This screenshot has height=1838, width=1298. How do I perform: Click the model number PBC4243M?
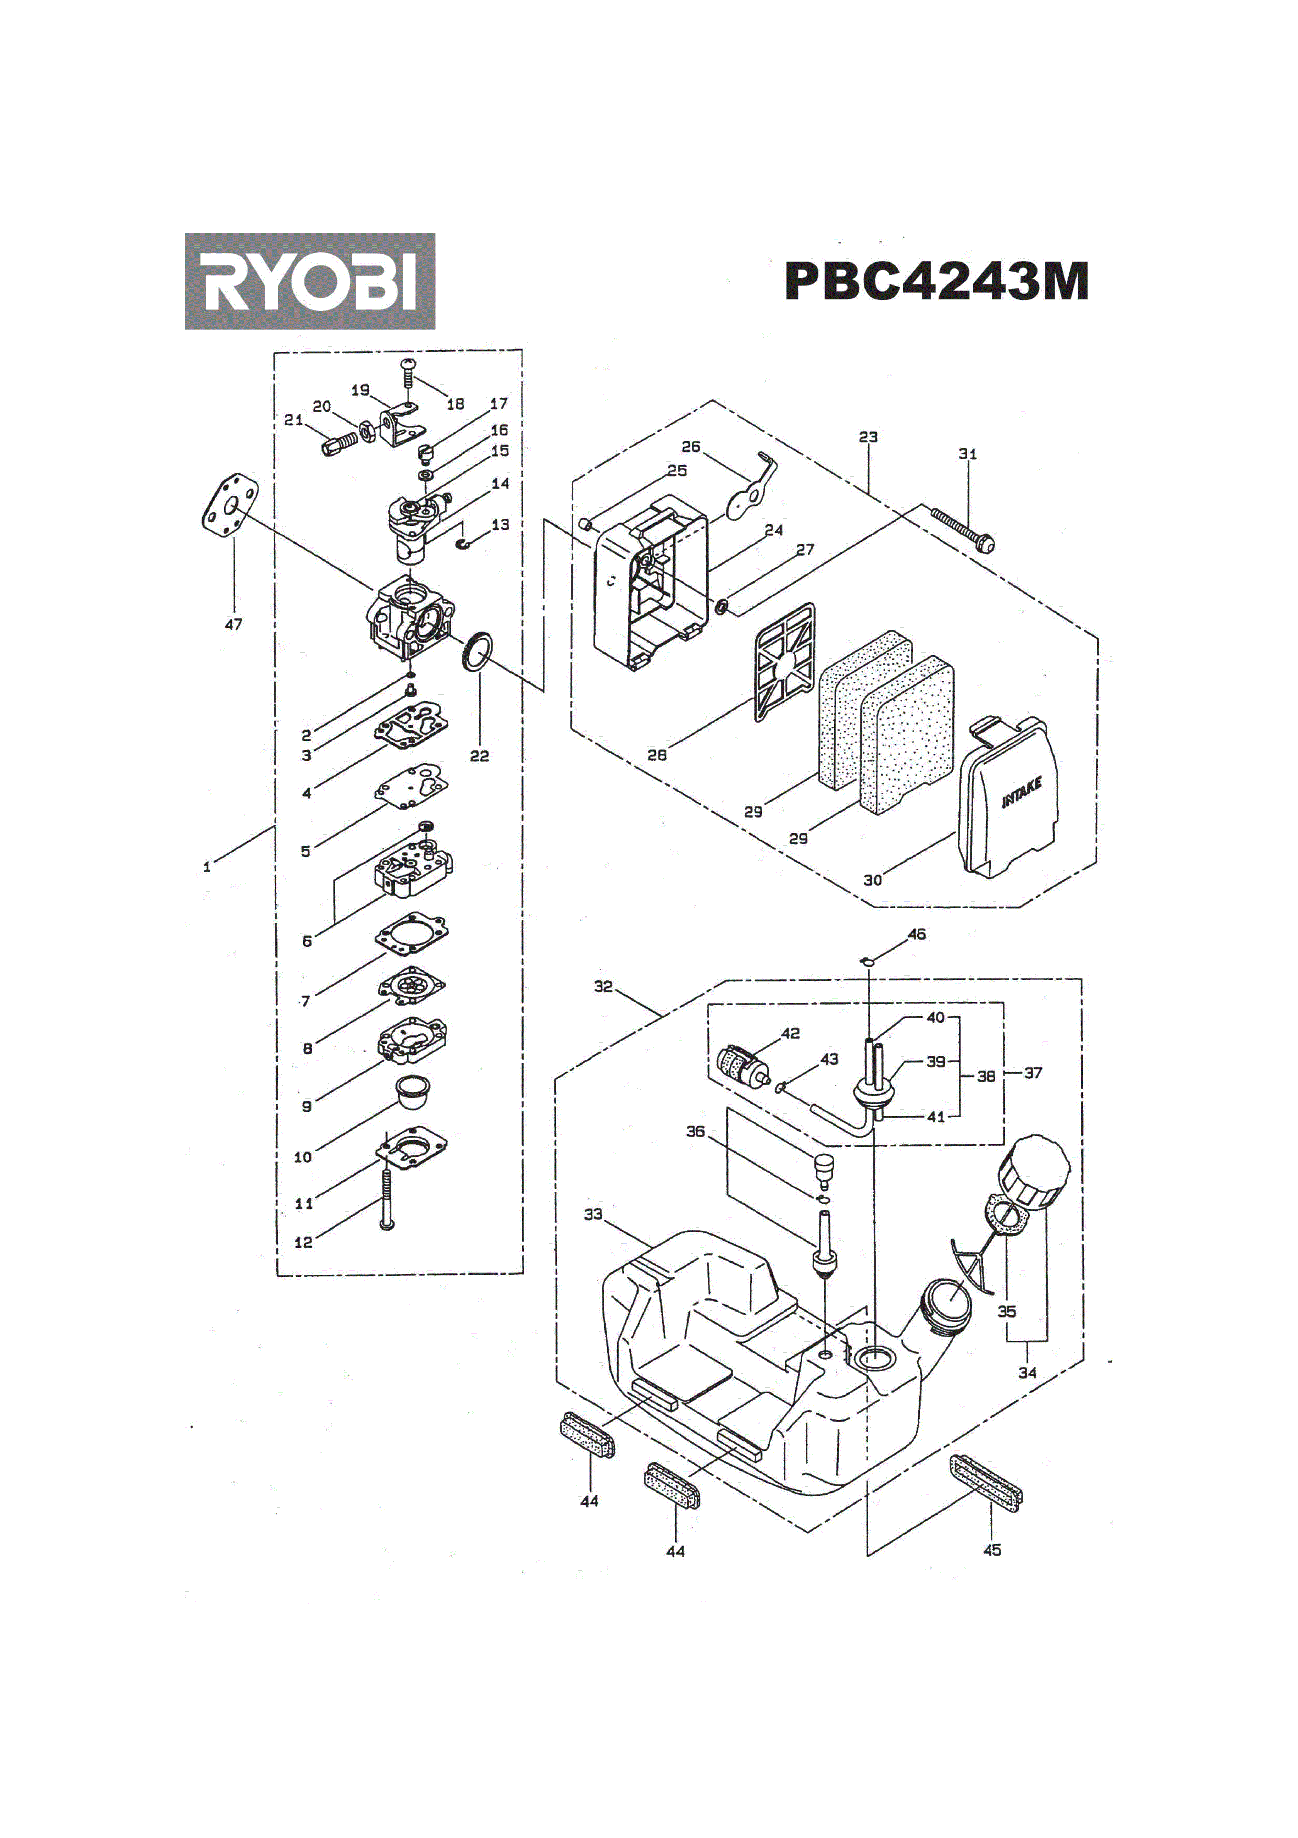936,282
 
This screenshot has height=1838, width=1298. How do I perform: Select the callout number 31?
968,454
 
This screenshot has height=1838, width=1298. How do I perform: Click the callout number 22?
479,756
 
